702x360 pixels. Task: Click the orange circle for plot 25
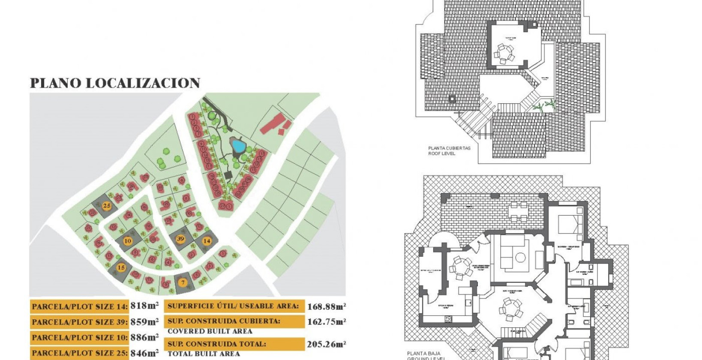coord(107,206)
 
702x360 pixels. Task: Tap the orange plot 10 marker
coord(127,241)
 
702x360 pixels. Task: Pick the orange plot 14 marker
coord(207,241)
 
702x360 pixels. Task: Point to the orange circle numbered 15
coord(121,268)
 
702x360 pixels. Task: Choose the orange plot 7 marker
coord(183,282)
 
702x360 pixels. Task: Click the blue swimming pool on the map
coord(237,146)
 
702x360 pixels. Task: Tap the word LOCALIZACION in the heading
coord(143,83)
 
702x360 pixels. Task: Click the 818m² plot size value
coord(144,306)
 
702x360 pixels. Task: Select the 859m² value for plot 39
coord(144,322)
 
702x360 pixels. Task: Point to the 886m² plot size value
coord(144,337)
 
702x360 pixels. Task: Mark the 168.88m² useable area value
coord(327,306)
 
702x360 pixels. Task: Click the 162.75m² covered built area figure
coord(327,322)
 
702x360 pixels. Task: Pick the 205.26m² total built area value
coord(327,344)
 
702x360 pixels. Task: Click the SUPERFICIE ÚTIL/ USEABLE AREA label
coord(233,306)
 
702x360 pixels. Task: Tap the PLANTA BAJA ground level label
coord(423,354)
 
